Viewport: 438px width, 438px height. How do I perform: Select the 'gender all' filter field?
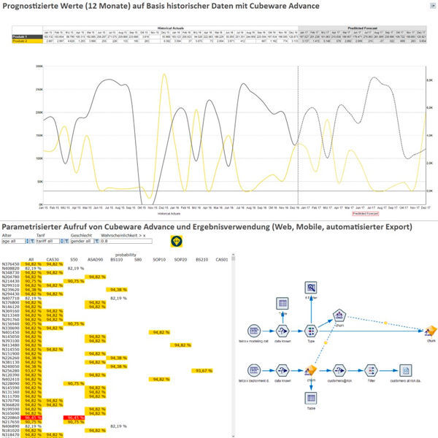85,241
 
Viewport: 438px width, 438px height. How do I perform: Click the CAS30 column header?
53,258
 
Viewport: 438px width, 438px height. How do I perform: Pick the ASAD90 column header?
95,258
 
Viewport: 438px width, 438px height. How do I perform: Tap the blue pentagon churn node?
339,315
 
